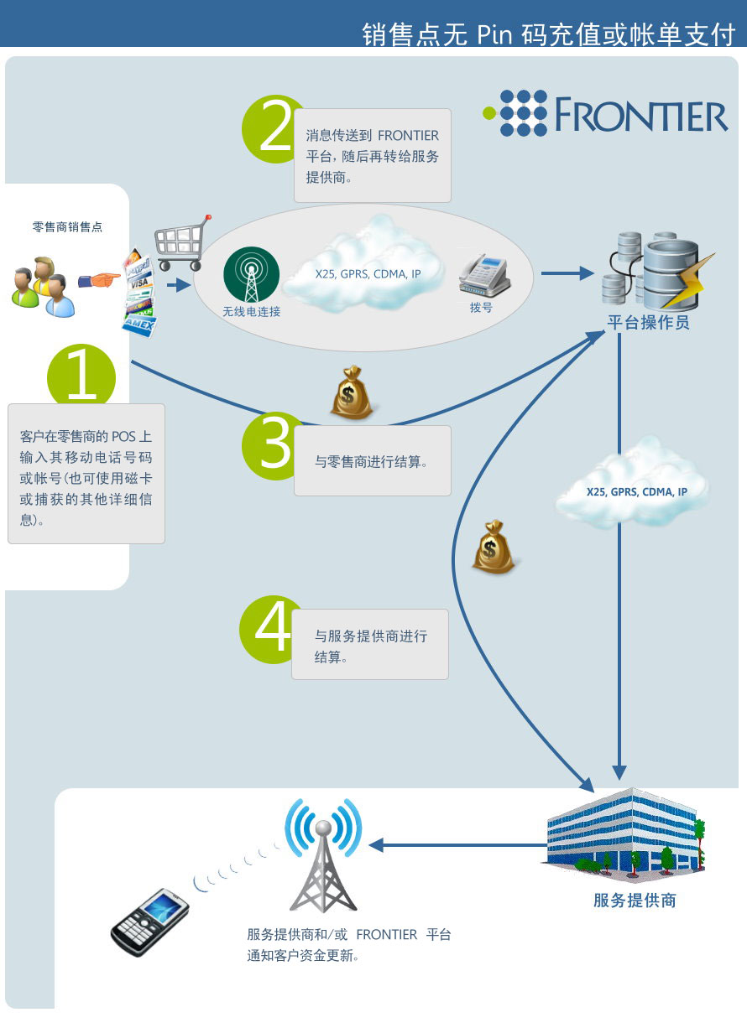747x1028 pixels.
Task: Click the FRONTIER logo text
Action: (641, 114)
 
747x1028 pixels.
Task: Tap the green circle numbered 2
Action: (271, 129)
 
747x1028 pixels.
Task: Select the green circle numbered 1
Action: (81, 376)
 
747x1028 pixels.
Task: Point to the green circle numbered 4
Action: (269, 629)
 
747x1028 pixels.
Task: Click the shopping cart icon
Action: (182, 242)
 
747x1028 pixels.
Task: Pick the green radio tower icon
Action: (251, 274)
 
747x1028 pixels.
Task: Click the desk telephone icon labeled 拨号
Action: (484, 275)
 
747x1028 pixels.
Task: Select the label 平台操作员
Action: (648, 322)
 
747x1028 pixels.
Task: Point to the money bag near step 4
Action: (494, 547)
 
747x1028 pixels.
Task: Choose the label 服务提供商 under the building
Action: (635, 900)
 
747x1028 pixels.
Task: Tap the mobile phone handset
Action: (149, 923)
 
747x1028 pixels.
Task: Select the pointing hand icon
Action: (99, 280)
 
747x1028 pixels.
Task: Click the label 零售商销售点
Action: (67, 226)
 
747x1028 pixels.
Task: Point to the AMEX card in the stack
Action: (139, 325)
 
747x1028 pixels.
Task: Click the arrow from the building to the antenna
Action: (457, 845)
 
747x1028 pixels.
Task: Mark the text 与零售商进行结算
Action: (371, 461)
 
